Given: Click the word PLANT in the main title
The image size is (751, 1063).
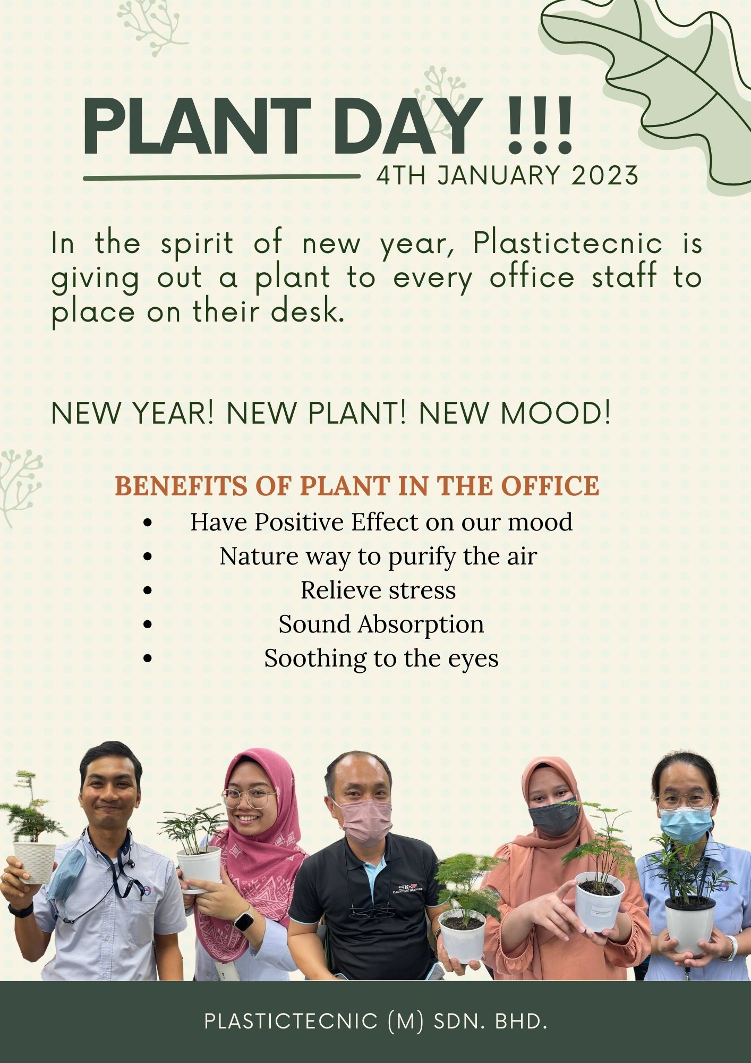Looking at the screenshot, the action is [x=197, y=126].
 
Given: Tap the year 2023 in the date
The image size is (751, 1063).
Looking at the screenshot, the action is [x=604, y=175].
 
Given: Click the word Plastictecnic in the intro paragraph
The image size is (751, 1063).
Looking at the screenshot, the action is [x=568, y=243].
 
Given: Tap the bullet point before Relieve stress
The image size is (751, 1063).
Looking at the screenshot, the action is [x=148, y=590].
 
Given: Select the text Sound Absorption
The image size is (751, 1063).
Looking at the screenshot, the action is [x=381, y=625].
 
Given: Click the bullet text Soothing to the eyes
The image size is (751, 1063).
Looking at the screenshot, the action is [x=381, y=659].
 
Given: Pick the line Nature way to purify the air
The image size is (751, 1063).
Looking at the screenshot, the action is [x=378, y=557].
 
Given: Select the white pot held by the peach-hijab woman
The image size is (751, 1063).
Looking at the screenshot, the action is [x=600, y=901].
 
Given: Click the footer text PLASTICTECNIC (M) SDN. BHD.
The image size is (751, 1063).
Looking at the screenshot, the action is [x=375, y=1021].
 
